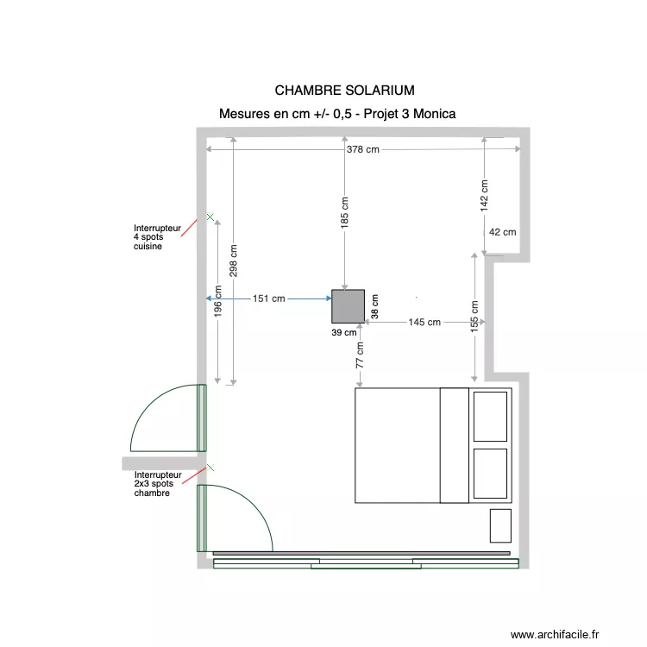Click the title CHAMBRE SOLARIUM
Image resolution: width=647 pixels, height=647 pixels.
344,90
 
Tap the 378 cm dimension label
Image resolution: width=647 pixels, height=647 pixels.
362,149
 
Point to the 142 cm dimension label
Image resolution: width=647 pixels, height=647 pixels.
484,196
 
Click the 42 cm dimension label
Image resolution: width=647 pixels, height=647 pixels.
502,232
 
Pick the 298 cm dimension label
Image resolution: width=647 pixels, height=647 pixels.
234,260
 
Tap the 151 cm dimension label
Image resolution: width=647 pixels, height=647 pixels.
268,299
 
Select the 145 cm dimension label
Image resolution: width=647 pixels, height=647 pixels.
424,322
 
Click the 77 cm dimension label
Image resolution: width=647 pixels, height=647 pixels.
360,355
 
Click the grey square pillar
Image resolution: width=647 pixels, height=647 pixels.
349,305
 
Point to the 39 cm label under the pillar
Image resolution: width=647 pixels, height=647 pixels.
343,331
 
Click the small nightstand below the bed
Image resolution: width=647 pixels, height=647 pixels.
500,525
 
